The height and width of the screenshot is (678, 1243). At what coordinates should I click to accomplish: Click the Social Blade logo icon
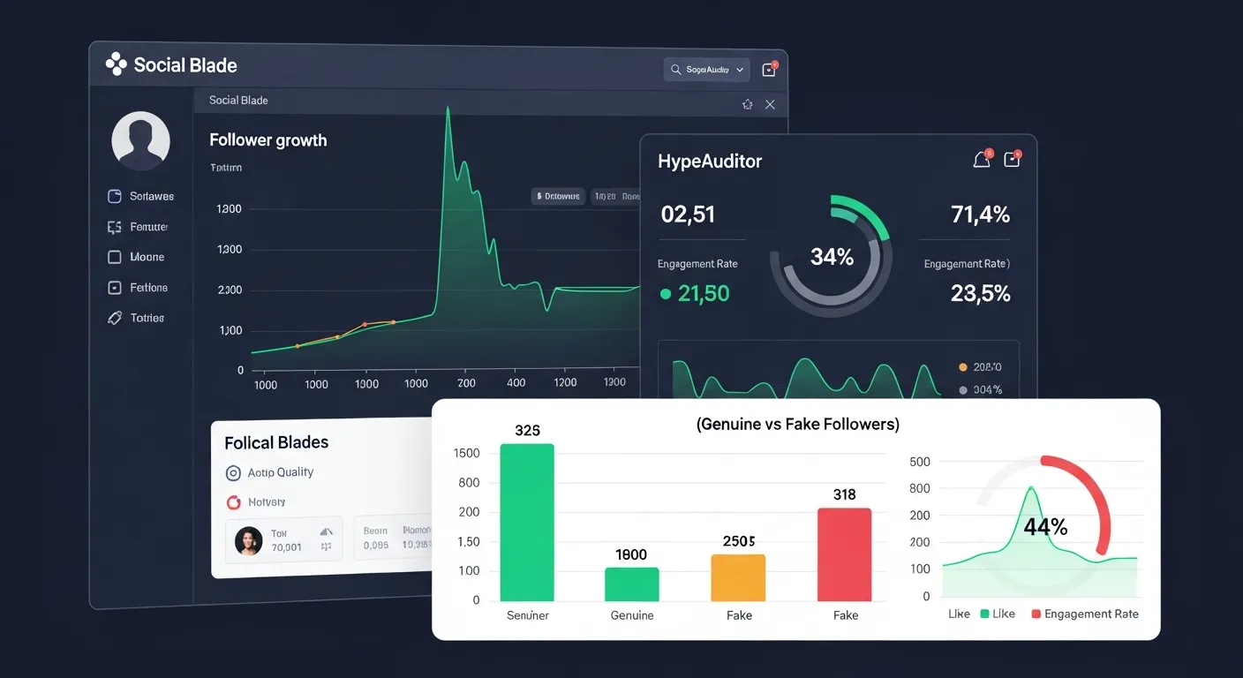coord(116,64)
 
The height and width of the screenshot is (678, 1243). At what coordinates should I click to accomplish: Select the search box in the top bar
coord(706,70)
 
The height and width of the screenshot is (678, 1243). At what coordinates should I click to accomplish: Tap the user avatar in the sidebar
coord(140,140)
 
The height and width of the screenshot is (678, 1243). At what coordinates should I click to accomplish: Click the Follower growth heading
coord(267,140)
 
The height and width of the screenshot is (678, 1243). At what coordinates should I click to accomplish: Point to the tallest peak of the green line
coord(448,109)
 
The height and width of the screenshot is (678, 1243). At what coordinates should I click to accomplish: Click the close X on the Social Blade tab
coord(770,104)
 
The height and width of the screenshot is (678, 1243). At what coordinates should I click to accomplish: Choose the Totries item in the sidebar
coord(147,318)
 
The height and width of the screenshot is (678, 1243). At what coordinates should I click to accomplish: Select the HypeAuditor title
coord(709,162)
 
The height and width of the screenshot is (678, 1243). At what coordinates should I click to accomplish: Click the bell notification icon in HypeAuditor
coord(981,160)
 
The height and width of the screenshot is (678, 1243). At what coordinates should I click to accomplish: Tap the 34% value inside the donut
coord(832,257)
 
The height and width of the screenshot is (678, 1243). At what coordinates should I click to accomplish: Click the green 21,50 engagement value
coord(703,294)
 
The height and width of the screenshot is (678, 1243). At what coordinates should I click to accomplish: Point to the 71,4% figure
coord(980,215)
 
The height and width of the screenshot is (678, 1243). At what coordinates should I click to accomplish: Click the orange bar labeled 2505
coord(738,577)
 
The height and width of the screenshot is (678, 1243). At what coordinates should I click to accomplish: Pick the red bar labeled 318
coord(844,554)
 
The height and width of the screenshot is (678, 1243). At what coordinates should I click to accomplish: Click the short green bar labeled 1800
coord(631,584)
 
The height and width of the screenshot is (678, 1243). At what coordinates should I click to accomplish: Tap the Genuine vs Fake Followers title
coord(797,425)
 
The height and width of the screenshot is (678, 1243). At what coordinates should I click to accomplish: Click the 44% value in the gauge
coord(1045,527)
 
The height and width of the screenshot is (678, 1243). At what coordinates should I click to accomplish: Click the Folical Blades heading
coord(276,442)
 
